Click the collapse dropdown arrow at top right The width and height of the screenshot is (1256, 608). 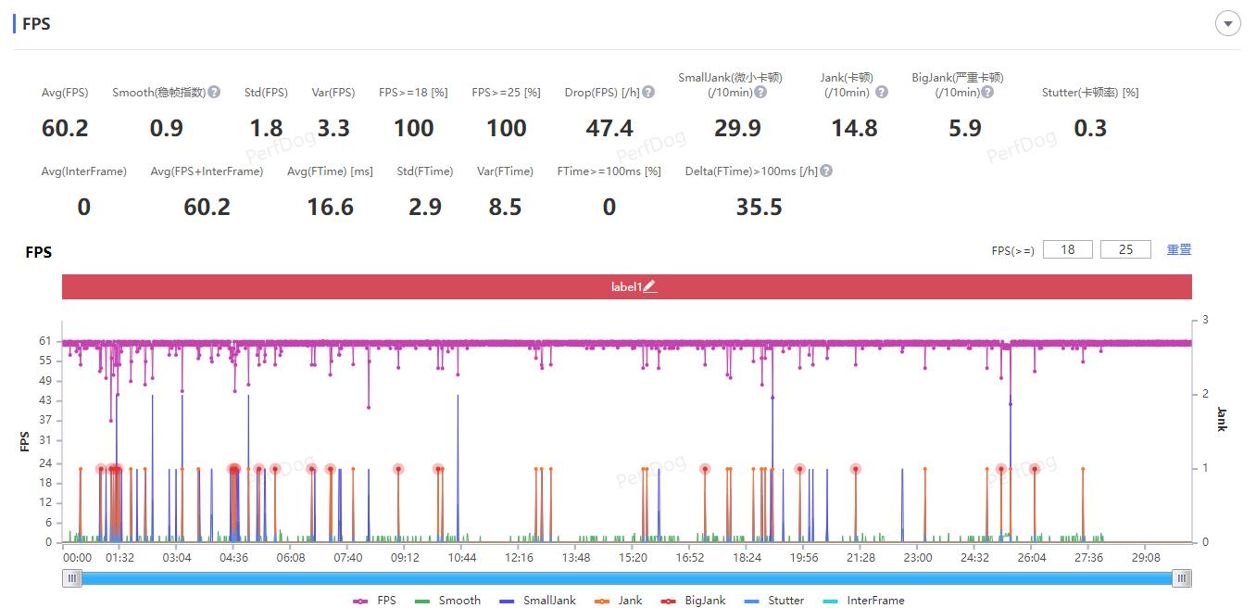[1227, 24]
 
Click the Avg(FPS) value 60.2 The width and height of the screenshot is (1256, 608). [65, 129]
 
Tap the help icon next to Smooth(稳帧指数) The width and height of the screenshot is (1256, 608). [214, 92]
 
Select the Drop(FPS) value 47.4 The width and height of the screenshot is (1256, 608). [609, 129]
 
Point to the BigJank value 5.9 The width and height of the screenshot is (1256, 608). [965, 129]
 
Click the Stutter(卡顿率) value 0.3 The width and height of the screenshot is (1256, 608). [1090, 129]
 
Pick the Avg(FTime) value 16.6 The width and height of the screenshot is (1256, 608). [331, 208]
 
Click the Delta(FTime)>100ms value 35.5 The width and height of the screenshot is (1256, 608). [760, 208]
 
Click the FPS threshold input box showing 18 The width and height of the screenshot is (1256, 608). [1068, 249]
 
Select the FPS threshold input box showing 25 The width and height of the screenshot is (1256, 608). [1125, 249]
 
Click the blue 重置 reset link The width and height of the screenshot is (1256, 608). [1179, 249]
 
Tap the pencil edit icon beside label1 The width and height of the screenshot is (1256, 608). [650, 287]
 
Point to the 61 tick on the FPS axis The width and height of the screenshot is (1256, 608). [45, 341]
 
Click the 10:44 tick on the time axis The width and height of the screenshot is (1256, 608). [461, 558]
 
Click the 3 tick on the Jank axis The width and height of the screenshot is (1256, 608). [1205, 320]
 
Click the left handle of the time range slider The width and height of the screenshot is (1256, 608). [72, 578]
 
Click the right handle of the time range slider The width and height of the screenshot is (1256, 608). [1181, 578]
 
